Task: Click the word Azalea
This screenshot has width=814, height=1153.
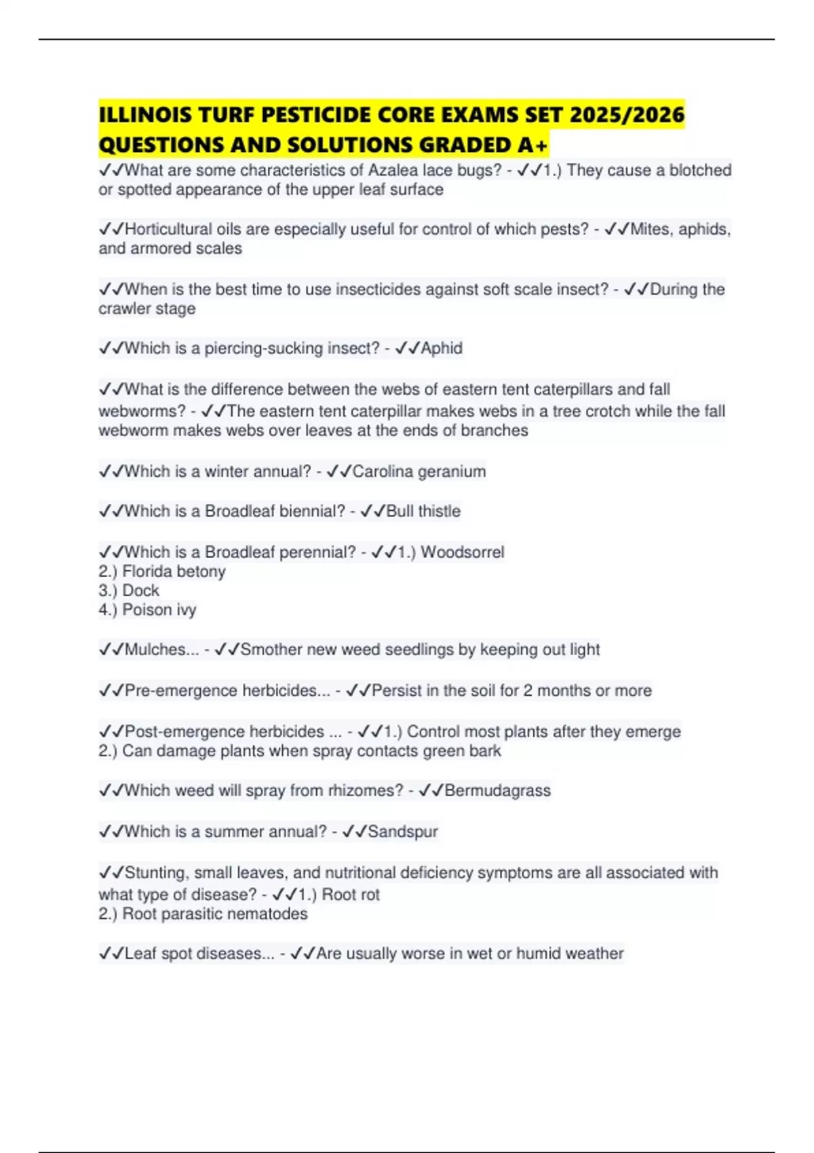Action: (393, 170)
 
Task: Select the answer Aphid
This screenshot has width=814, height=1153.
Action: (442, 349)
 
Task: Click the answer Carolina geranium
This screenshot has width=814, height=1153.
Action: (419, 471)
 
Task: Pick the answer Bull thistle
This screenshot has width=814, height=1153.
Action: (423, 511)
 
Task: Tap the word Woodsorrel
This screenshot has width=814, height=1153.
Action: (462, 552)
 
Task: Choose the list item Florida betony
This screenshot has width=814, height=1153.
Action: (174, 572)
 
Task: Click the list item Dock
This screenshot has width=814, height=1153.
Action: (140, 591)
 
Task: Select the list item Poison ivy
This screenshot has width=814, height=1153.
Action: (159, 610)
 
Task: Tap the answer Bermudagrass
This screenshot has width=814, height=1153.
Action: (497, 791)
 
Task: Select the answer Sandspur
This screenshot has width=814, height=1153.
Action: (402, 832)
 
